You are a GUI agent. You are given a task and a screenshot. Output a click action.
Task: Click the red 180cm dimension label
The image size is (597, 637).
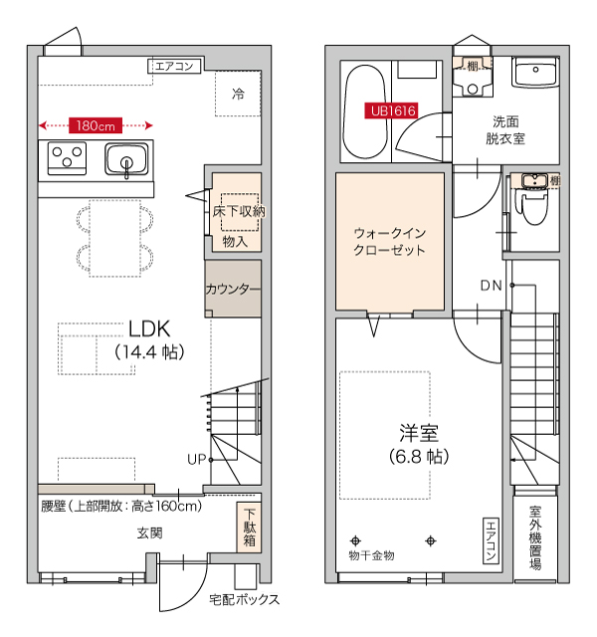(x=96, y=125)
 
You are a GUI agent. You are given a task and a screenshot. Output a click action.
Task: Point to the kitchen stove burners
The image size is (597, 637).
(x=67, y=158)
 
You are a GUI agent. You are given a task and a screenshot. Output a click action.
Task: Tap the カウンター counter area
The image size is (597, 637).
(x=233, y=290)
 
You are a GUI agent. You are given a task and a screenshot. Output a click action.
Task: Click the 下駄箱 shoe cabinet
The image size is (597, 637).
(x=248, y=529)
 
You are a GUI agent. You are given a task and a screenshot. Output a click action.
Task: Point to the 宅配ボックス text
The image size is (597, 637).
(x=244, y=599)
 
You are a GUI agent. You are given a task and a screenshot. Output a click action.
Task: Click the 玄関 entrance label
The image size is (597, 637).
(x=149, y=533)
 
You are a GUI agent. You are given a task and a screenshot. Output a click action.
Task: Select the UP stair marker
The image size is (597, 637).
(x=196, y=459)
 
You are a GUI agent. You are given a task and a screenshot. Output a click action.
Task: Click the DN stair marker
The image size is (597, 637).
(x=491, y=287)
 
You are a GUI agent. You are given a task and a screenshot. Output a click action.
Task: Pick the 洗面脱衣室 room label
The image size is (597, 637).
(x=505, y=130)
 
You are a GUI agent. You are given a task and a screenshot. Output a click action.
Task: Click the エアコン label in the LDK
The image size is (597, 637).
(x=176, y=67)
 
